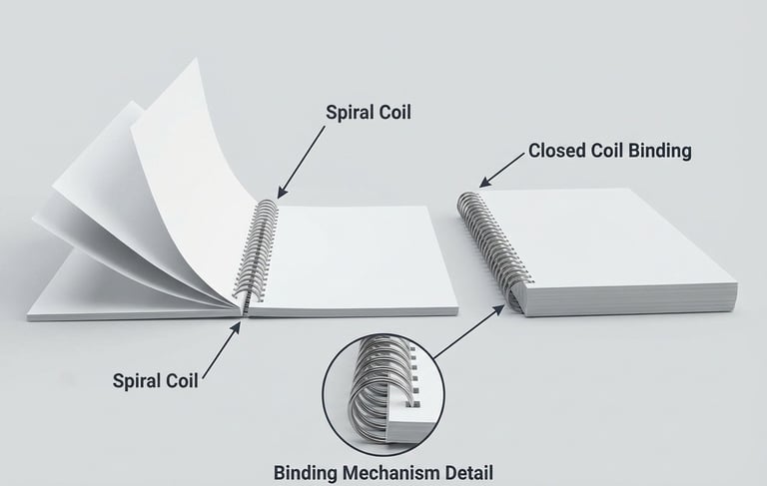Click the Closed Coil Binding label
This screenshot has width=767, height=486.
coord(609,151)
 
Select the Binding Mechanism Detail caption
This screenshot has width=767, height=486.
coord(384,471)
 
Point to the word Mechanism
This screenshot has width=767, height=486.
coord(393,471)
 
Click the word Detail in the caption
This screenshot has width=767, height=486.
coord(467,471)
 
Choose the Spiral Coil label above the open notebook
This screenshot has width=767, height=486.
coord(369,113)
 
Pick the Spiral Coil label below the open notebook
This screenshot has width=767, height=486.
coord(155,380)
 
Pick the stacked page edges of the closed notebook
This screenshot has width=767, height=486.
coord(639,300)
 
